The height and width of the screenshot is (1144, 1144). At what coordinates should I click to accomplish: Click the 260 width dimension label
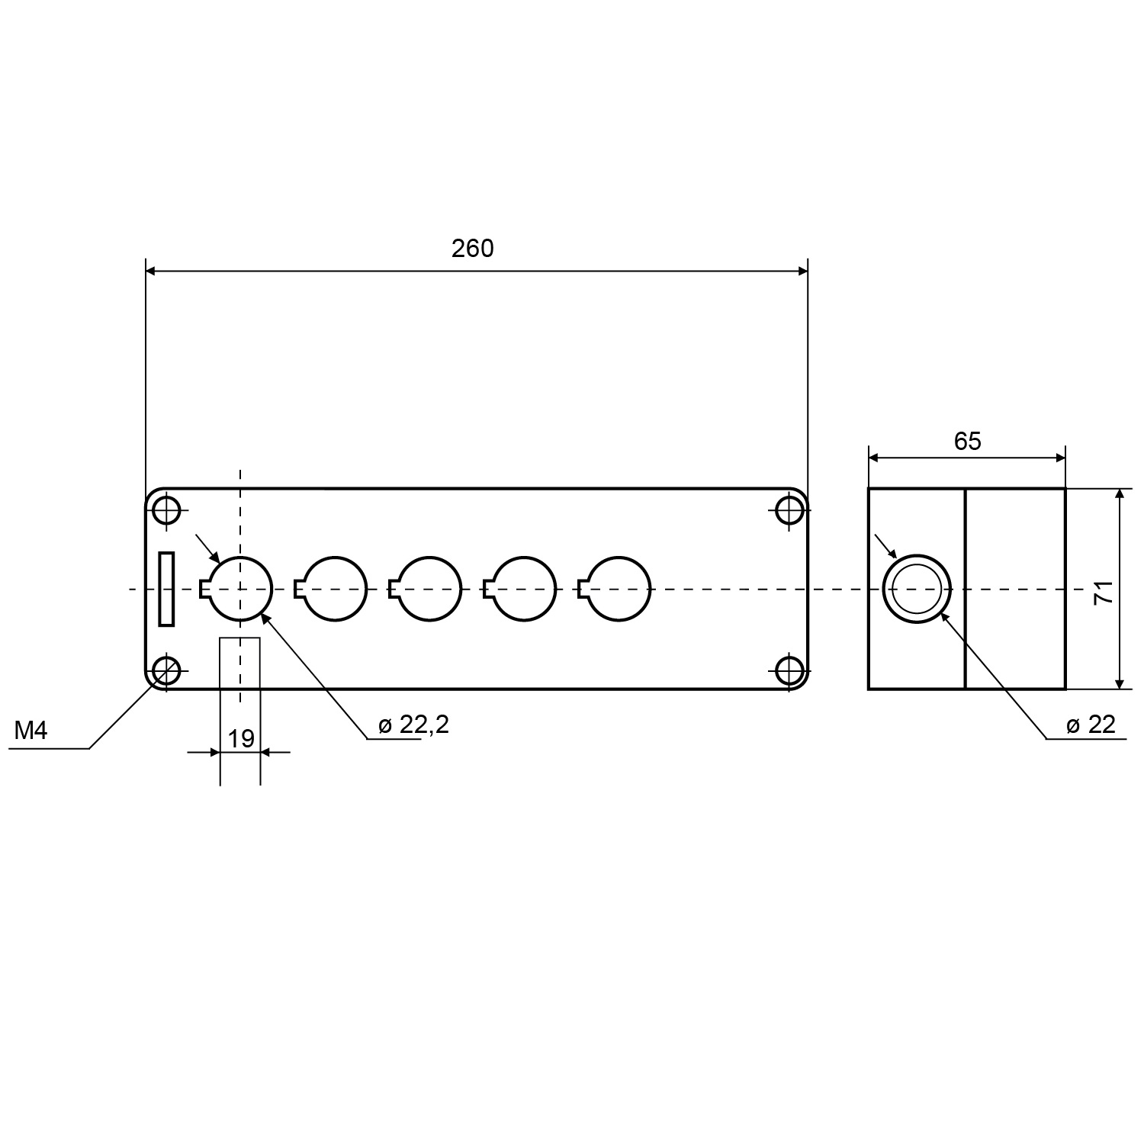click(472, 249)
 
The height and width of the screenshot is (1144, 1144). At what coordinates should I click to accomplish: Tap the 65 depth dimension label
click(967, 441)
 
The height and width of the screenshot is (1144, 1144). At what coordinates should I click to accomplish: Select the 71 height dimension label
click(1104, 592)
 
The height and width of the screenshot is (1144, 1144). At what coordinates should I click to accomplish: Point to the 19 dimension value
click(241, 738)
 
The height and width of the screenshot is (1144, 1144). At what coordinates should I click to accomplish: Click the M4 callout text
click(31, 731)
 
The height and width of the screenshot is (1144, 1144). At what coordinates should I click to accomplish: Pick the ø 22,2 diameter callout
click(413, 725)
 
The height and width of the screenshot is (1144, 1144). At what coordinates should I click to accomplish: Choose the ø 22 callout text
click(1091, 725)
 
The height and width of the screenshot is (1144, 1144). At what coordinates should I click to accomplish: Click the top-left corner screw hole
click(166, 509)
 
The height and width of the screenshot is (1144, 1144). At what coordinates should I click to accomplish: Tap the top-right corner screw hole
click(789, 509)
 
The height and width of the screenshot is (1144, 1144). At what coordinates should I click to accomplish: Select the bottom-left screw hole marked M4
click(166, 671)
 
